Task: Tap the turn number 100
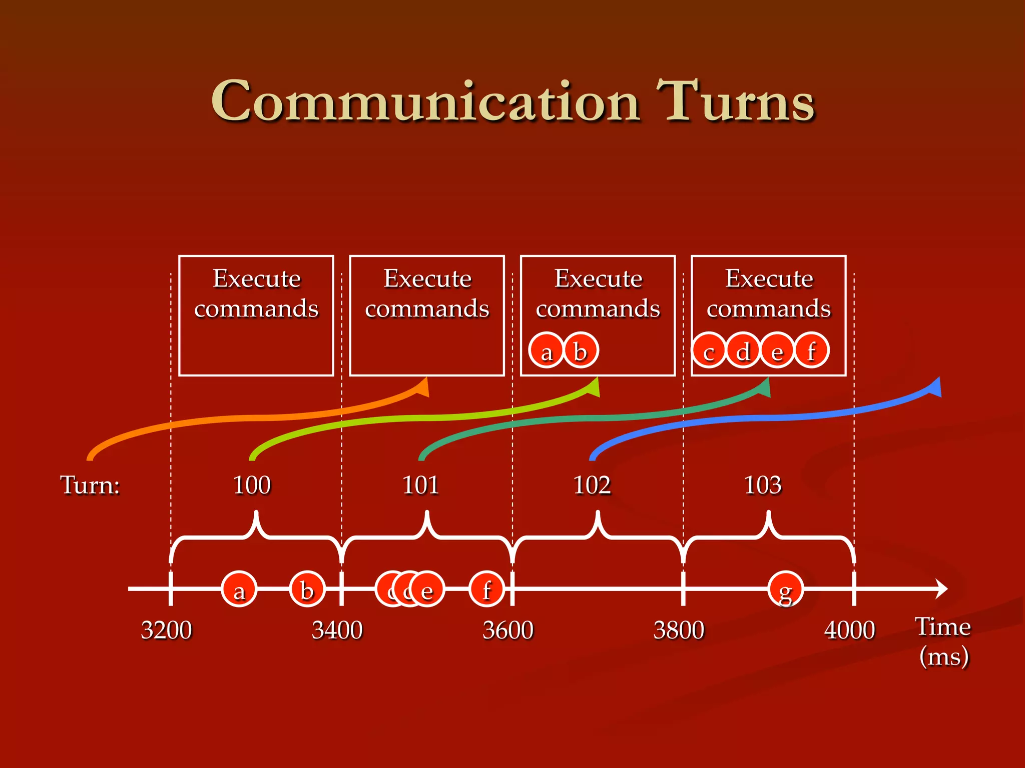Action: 252,485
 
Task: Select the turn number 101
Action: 420,485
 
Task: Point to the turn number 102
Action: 592,485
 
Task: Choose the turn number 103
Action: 762,485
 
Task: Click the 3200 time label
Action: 166,630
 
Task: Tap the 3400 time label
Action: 337,630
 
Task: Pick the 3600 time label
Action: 507,630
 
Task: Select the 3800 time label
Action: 679,630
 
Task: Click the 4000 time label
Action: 849,630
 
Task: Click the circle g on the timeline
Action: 786,589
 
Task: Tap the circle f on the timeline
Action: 486,589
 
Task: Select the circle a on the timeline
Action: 239,589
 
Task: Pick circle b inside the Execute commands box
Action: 581,350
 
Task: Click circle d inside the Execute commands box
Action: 743,350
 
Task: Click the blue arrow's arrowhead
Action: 934,387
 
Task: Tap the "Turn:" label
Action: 90,485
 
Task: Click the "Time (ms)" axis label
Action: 943,641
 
